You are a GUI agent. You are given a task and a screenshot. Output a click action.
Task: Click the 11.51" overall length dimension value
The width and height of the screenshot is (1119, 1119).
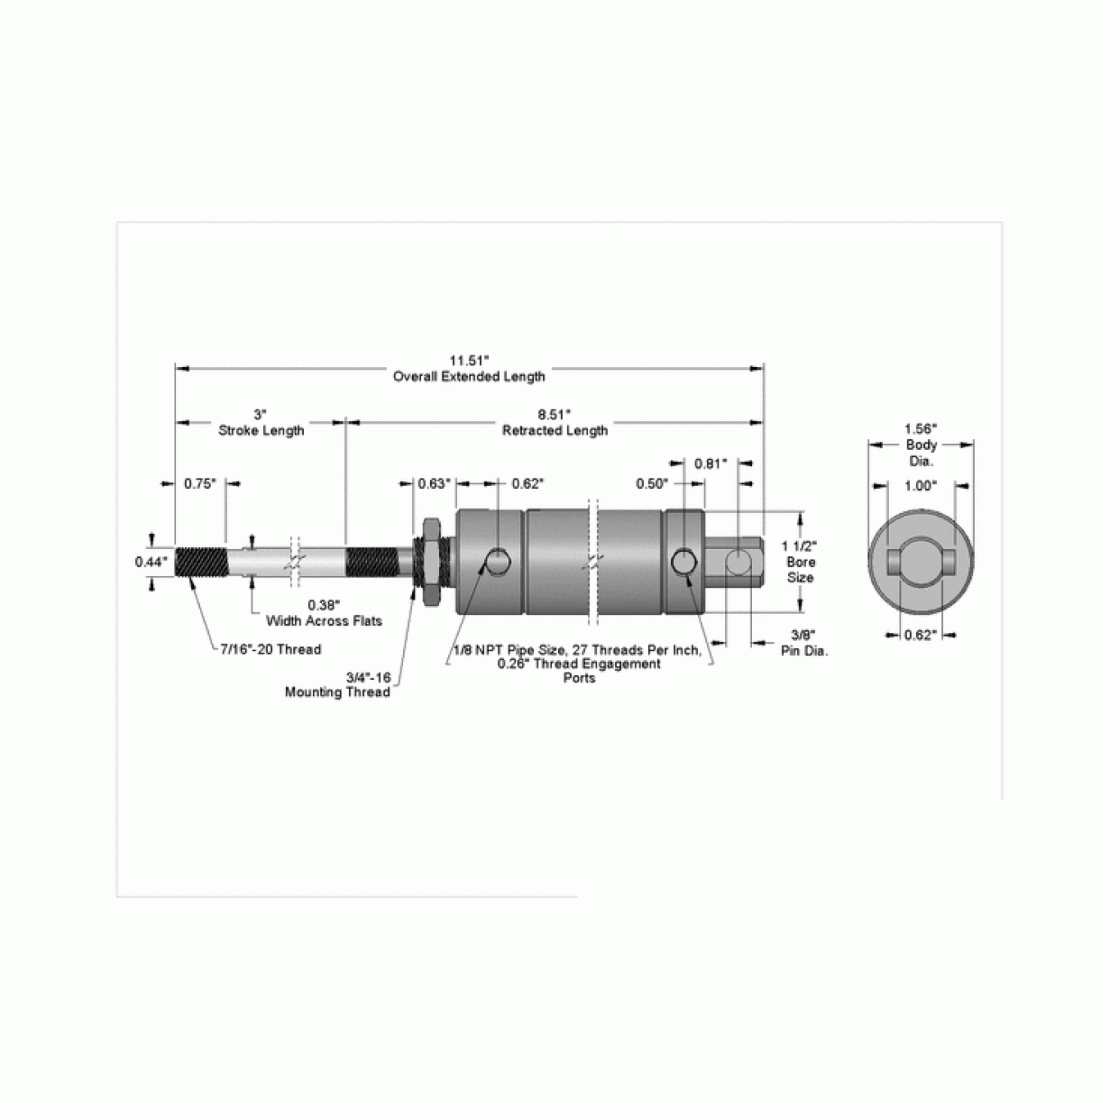(x=469, y=360)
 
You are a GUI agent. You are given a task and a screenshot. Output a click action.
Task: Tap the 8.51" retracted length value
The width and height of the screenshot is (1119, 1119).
(x=554, y=415)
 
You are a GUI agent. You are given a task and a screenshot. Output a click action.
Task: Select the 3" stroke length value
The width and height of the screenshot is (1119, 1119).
(x=260, y=415)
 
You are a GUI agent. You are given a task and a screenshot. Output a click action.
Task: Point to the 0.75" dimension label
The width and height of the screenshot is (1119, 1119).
(x=201, y=483)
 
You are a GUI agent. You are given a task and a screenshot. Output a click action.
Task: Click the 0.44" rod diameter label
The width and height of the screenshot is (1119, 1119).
(x=151, y=561)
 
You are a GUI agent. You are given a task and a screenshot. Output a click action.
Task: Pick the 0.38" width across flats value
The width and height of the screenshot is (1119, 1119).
(x=324, y=605)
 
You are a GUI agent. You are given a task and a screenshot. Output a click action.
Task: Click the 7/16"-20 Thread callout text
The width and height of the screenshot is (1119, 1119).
(x=270, y=650)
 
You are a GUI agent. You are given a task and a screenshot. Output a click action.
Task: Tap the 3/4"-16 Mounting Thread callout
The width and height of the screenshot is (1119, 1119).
(x=338, y=685)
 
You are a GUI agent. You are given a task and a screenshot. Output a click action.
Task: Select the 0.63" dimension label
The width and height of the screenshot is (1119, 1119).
(x=434, y=483)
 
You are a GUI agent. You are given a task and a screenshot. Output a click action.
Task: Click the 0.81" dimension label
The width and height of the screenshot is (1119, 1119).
(x=711, y=464)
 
